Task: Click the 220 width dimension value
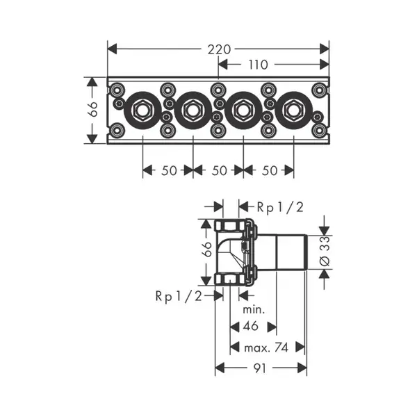[219, 49]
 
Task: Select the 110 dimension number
[258, 65]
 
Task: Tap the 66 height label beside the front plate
[93, 109]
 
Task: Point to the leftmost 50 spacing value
[169, 170]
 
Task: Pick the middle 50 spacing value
[220, 170]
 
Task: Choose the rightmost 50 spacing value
[270, 170]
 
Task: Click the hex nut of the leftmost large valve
[142, 111]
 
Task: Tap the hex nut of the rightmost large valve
[293, 111]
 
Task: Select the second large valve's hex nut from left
[193, 111]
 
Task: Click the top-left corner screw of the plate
[116, 90]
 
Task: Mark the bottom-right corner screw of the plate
[319, 131]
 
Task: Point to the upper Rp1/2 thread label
[280, 207]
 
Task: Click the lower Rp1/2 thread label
[179, 296]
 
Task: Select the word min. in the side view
[254, 310]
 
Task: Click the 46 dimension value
[250, 326]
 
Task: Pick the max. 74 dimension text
[266, 347]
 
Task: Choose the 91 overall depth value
[259, 368]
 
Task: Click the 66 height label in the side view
[207, 250]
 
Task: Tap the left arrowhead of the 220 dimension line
[112, 49]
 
